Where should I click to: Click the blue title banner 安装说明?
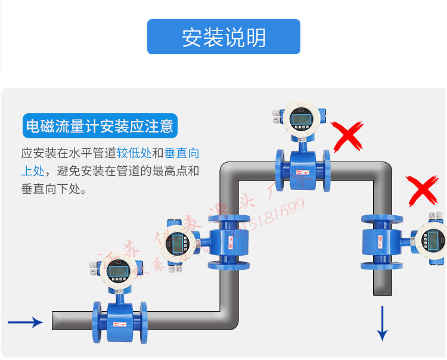click(x=223, y=37)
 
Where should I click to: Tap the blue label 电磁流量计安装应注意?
click(x=100, y=126)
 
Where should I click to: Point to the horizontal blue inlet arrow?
click(x=25, y=322)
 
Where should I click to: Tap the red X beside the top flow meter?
click(x=348, y=136)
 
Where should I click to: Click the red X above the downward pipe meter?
click(x=424, y=190)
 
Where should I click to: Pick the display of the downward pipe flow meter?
click(x=436, y=240)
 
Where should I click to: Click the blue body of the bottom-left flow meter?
click(x=119, y=321)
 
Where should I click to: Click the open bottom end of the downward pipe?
click(x=383, y=291)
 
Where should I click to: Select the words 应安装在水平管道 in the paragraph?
click(x=68, y=153)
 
